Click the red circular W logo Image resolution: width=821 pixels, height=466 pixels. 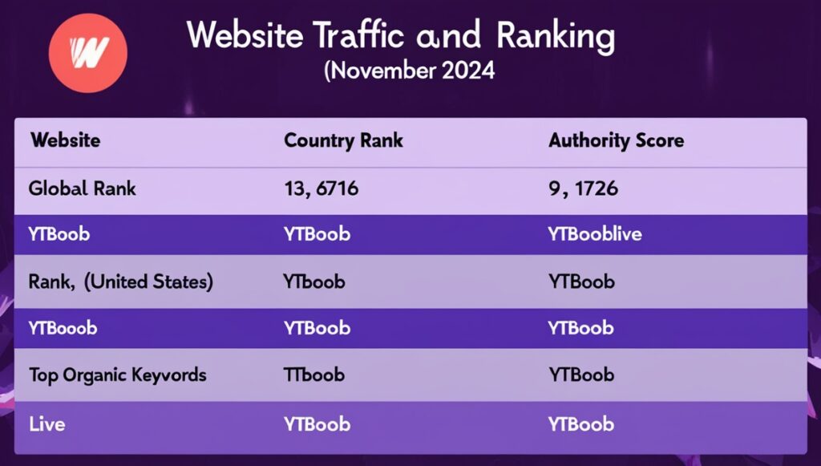[x=88, y=53]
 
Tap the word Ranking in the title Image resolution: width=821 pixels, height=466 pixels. [x=555, y=36]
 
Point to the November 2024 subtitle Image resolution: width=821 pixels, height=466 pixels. [x=410, y=71]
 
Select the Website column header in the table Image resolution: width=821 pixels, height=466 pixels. [x=65, y=140]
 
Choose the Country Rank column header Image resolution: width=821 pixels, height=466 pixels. [x=343, y=140]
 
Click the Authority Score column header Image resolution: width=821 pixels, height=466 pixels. [x=616, y=140]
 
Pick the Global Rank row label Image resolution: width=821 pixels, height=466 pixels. [x=83, y=189]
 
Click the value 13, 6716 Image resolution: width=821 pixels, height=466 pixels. [x=321, y=189]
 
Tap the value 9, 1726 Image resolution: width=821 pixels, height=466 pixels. [x=583, y=189]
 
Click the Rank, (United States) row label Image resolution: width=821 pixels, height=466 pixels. [x=120, y=282]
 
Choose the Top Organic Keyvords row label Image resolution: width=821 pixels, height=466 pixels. [x=117, y=375]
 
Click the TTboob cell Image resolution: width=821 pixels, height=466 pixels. [x=313, y=375]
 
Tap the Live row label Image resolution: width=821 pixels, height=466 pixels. [x=47, y=423]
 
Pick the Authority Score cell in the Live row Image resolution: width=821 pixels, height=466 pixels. [x=581, y=423]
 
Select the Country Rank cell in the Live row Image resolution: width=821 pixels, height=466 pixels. [x=317, y=423]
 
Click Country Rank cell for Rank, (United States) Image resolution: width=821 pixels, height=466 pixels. [x=313, y=282]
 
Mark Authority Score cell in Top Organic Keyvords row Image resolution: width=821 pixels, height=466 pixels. [x=581, y=375]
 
